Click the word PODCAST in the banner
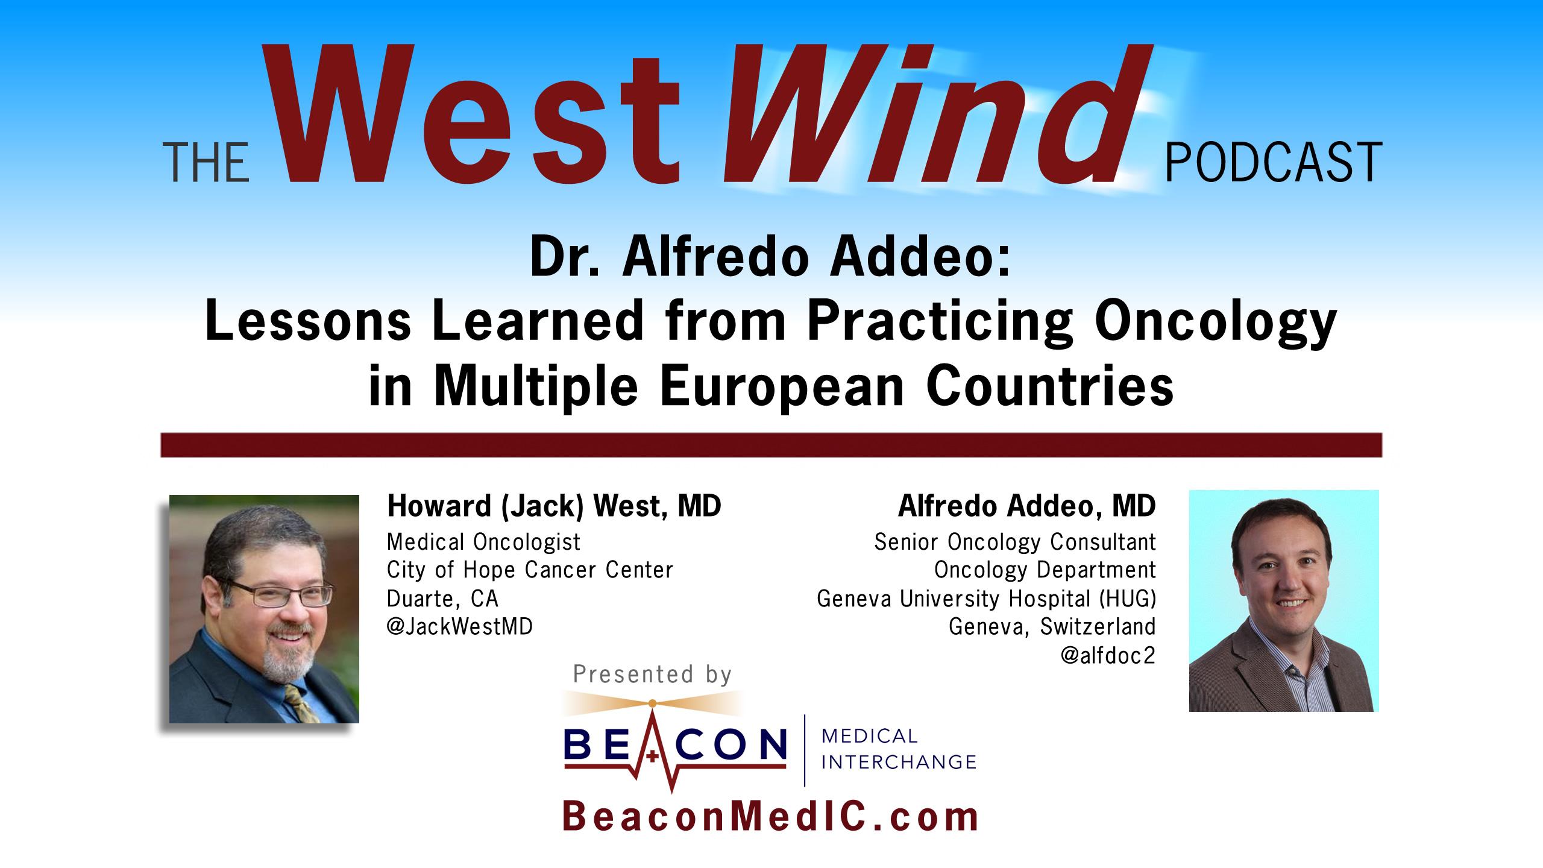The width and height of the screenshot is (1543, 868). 1273,163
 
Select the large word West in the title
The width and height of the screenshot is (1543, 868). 482,115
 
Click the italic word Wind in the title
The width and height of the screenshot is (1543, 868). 928,115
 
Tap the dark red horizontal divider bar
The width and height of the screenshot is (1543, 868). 771,445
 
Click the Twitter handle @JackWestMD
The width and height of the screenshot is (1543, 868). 459,627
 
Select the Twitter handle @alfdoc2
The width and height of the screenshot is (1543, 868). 1108,656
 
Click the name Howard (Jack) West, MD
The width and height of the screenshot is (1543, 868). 553,506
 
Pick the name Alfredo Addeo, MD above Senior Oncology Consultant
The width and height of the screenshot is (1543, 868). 1026,506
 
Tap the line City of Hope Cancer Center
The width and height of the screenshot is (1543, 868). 529,570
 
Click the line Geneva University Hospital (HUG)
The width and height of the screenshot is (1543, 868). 986,599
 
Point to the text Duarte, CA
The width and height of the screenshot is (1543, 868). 442,599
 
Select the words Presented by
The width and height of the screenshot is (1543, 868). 652,674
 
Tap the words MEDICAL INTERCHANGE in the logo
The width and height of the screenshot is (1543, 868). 898,749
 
